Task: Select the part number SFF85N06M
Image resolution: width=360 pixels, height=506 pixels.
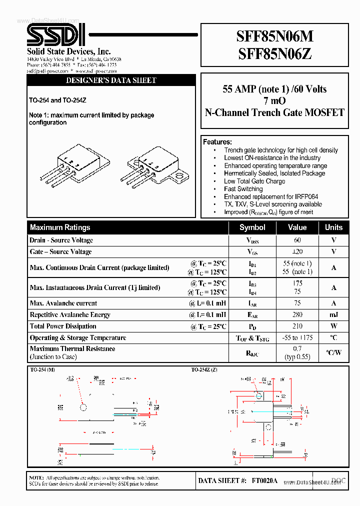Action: pyautogui.click(x=274, y=37)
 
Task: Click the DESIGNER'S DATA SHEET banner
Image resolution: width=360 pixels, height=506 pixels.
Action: pyautogui.click(x=111, y=80)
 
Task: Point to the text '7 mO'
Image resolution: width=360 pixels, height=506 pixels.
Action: pyautogui.click(x=274, y=101)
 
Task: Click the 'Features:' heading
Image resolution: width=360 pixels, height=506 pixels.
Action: pyautogui.click(x=217, y=142)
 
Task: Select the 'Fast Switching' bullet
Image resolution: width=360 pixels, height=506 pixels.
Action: pyautogui.click(x=243, y=189)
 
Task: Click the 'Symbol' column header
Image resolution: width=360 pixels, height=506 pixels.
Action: pyautogui.click(x=252, y=227)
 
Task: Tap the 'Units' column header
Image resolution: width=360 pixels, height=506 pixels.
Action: pyautogui.click(x=333, y=227)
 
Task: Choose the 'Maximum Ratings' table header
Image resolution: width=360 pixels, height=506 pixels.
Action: pyautogui.click(x=60, y=227)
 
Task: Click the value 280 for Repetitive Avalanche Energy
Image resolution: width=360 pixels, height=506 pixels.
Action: pyautogui.click(x=297, y=315)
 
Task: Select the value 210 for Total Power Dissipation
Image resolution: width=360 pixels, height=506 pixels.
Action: pyautogui.click(x=297, y=326)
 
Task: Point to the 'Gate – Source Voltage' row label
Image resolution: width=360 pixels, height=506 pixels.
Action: pyautogui.click(x=60, y=252)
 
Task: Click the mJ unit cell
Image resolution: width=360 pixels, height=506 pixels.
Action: pyautogui.click(x=333, y=315)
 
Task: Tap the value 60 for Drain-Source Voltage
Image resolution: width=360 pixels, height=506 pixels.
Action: pyautogui.click(x=297, y=240)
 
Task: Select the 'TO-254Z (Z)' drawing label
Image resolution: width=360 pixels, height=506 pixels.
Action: pyautogui.click(x=204, y=369)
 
